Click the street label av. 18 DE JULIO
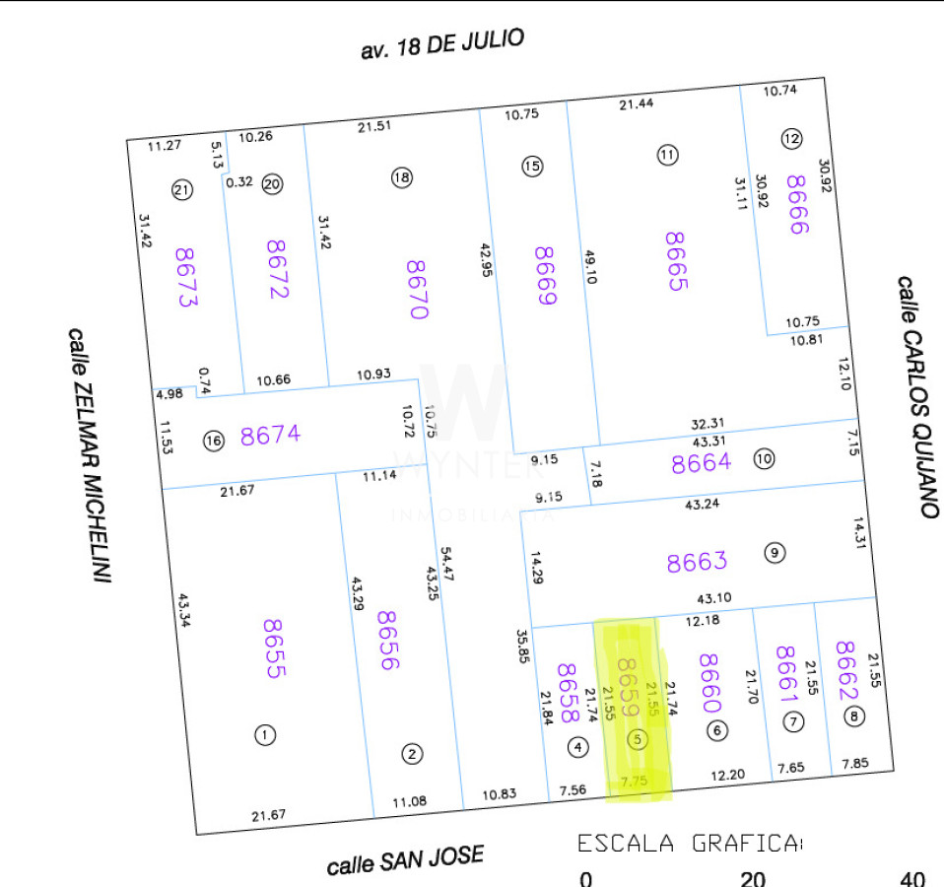(442, 44)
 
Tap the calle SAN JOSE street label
(405, 859)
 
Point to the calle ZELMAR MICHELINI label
(88, 454)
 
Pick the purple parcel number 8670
(418, 289)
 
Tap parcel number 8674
(270, 436)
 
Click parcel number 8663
(697, 562)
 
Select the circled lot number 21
(181, 191)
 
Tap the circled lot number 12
(791, 139)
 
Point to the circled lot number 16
(214, 441)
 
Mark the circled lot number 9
(775, 553)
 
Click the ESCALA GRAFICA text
(690, 844)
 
